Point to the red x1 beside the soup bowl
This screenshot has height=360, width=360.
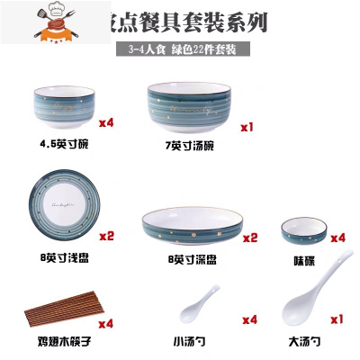click(x=249, y=128)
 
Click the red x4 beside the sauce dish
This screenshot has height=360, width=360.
click(x=337, y=238)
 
